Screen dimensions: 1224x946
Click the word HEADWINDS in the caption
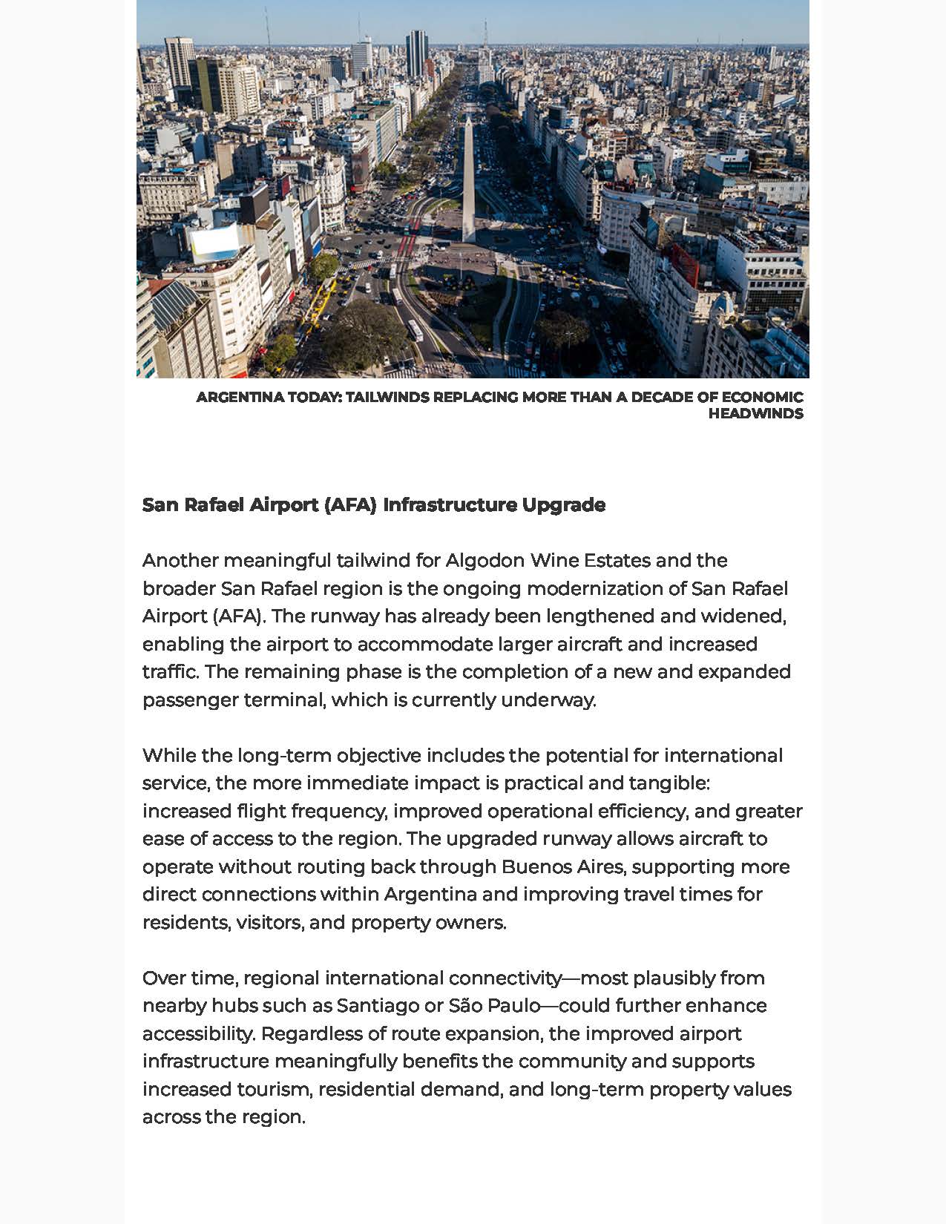pos(755,414)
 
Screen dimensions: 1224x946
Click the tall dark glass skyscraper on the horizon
pos(416,53)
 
